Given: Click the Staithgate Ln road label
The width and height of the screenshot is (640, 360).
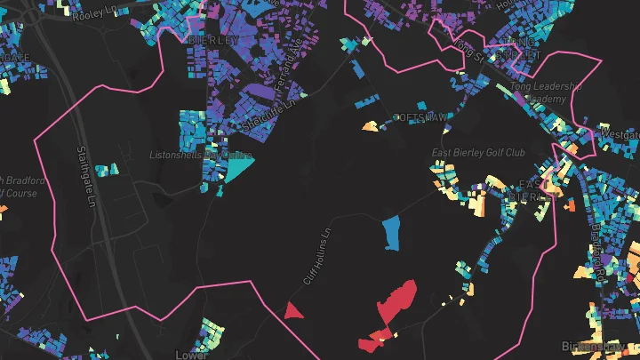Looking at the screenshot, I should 86,177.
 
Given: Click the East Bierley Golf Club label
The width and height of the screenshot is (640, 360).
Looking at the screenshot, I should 478,153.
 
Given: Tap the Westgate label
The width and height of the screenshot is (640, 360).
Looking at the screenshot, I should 619,133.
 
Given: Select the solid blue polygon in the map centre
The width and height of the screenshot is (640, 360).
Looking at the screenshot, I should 389,234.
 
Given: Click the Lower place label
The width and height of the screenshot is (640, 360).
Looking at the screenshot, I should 191,354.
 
